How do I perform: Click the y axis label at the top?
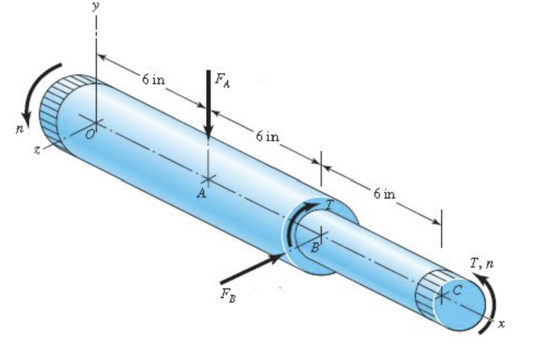[x=96, y=7]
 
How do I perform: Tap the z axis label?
[x=36, y=150]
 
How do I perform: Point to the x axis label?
[x=500, y=324]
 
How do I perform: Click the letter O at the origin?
[x=90, y=136]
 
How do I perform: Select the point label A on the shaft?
[x=201, y=193]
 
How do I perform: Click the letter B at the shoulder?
[x=315, y=248]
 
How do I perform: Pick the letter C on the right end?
[x=458, y=290]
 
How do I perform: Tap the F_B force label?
[x=229, y=295]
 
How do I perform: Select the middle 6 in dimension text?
[x=268, y=136]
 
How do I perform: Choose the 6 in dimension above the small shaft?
[x=385, y=194]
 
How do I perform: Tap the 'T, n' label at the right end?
[x=481, y=264]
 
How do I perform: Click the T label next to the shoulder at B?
[x=329, y=205]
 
